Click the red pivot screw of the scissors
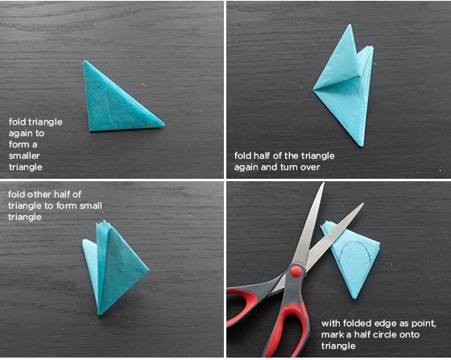pyautogui.click(x=296, y=271)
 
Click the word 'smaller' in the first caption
pyautogui.click(x=24, y=156)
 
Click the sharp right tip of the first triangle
pyautogui.click(x=164, y=124)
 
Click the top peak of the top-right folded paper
pyautogui.click(x=350, y=24)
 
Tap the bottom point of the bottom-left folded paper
pyautogui.click(x=100, y=314)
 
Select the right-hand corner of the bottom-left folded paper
pyautogui.click(x=148, y=270)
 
